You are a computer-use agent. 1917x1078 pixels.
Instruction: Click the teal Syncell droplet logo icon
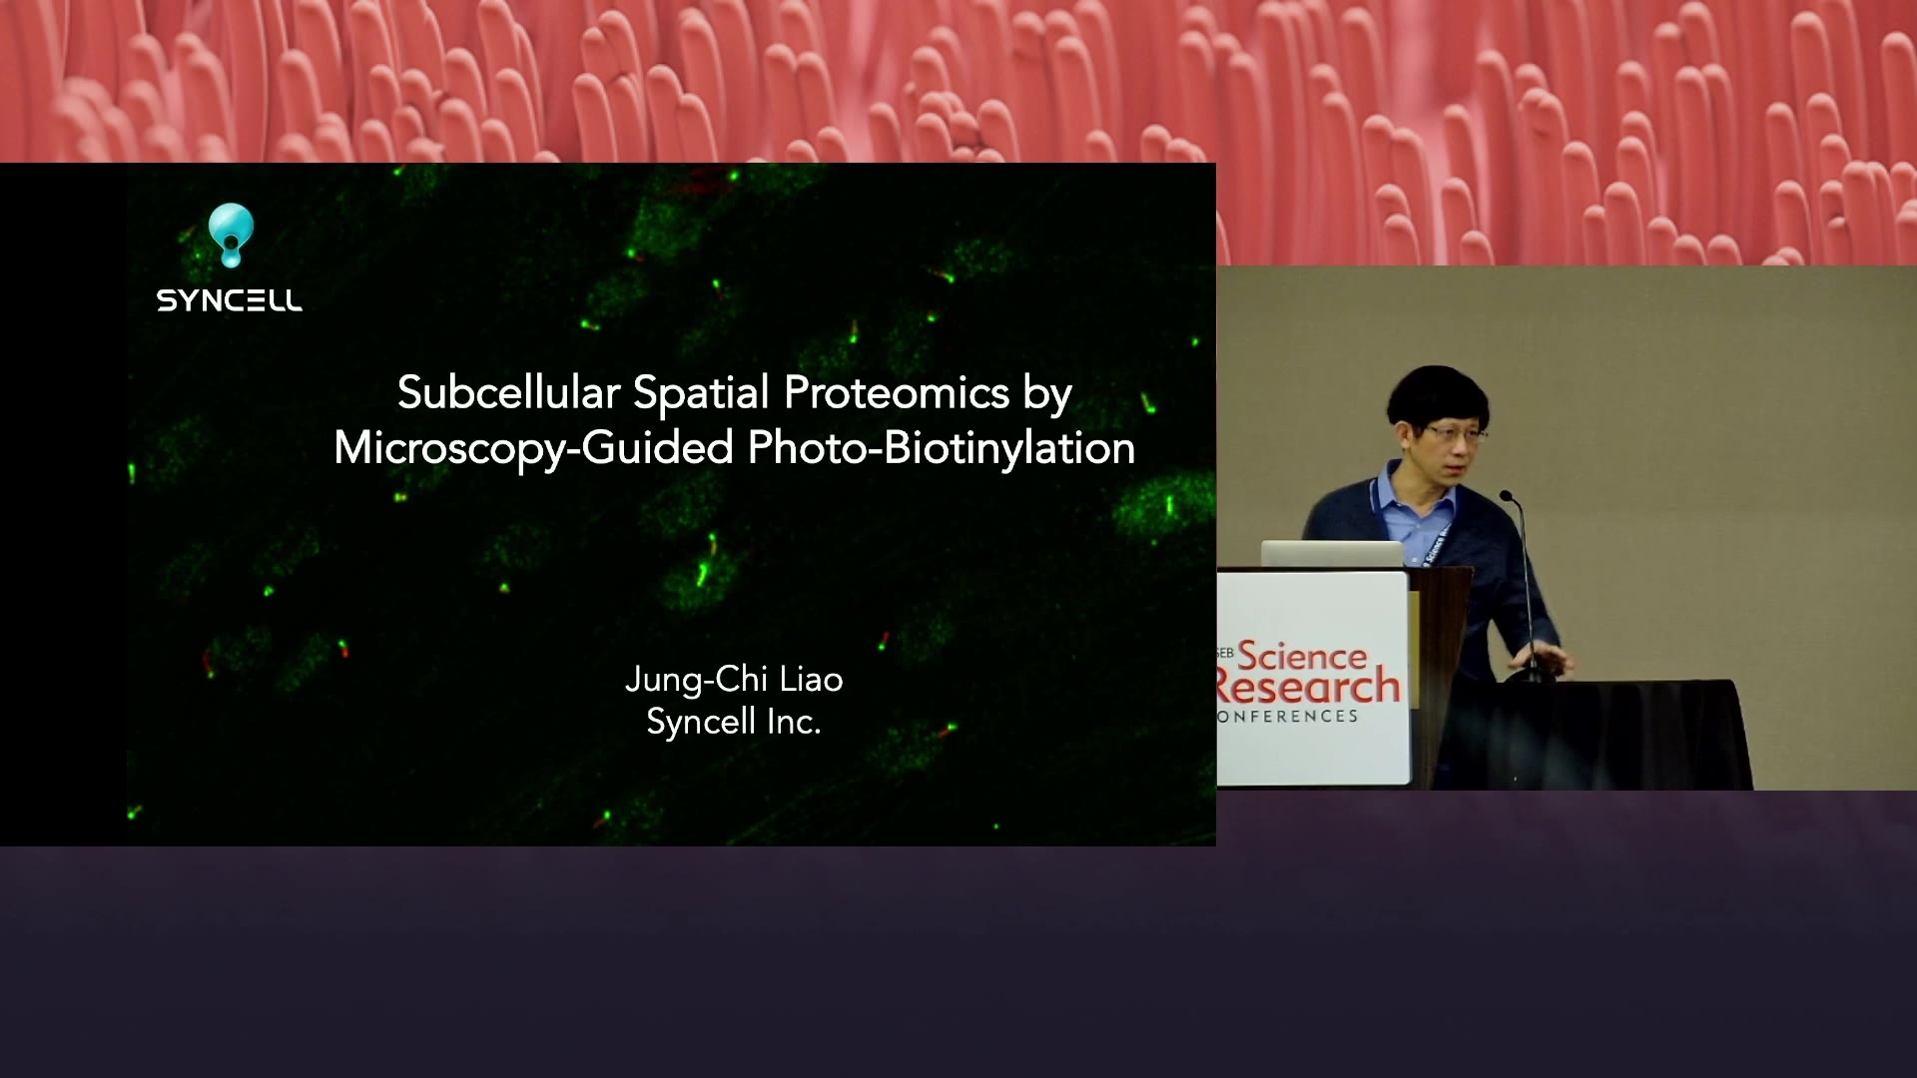(x=231, y=235)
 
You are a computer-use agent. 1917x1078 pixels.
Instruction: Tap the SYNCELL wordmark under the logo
(x=230, y=300)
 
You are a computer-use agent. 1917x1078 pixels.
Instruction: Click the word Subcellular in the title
(x=508, y=392)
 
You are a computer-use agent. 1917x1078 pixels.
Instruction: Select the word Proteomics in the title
(x=897, y=393)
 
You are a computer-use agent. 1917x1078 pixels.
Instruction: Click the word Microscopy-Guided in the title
(x=534, y=448)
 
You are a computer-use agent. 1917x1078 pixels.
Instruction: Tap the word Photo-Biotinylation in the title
(x=942, y=448)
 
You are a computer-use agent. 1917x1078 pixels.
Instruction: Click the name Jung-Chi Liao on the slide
(x=734, y=680)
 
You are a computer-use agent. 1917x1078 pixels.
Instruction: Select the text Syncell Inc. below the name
(x=734, y=722)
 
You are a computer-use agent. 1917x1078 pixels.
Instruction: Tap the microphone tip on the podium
(x=1506, y=496)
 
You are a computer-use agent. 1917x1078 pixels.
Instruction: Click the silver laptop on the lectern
(x=1332, y=554)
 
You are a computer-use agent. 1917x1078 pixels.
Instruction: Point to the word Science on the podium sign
(x=1302, y=656)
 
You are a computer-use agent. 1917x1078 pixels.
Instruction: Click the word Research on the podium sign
(x=1309, y=687)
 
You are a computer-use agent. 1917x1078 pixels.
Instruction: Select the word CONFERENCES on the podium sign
(x=1288, y=717)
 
